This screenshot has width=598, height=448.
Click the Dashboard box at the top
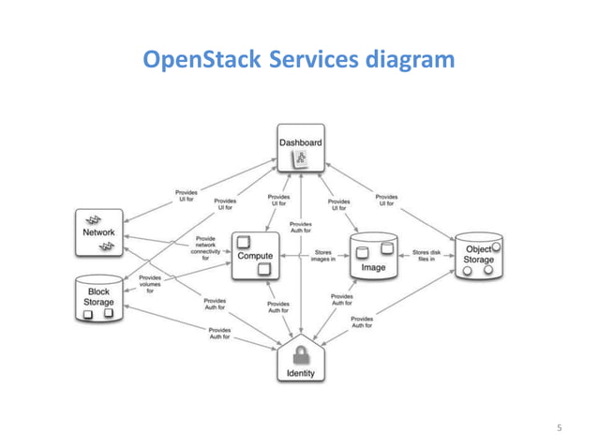300,148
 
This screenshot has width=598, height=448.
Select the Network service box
99,231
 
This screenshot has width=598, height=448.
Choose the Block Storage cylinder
98,298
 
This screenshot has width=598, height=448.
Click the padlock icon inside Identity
300,353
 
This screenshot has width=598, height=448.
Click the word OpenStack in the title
200,62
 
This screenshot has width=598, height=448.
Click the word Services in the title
311,62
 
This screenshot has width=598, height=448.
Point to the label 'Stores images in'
321,255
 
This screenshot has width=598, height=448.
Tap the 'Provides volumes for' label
150,284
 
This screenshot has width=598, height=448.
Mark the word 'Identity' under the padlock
300,373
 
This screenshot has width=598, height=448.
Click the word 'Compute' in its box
255,255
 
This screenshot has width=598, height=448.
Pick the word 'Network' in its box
99,231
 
